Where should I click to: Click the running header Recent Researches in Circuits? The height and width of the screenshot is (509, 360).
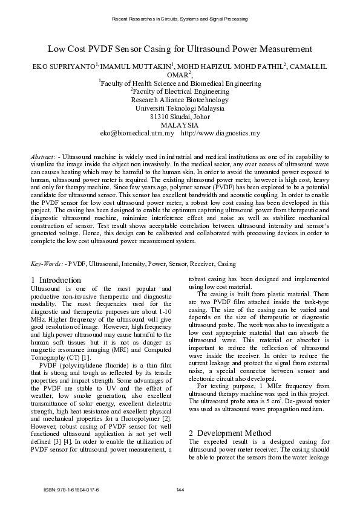coord(180,20)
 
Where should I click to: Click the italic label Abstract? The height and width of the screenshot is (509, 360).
coord(44,157)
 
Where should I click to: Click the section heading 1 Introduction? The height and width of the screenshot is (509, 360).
coord(56,280)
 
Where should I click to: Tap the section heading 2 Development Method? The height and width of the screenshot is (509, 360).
coord(229,417)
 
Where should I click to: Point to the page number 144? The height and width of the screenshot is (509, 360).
coord(180,488)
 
